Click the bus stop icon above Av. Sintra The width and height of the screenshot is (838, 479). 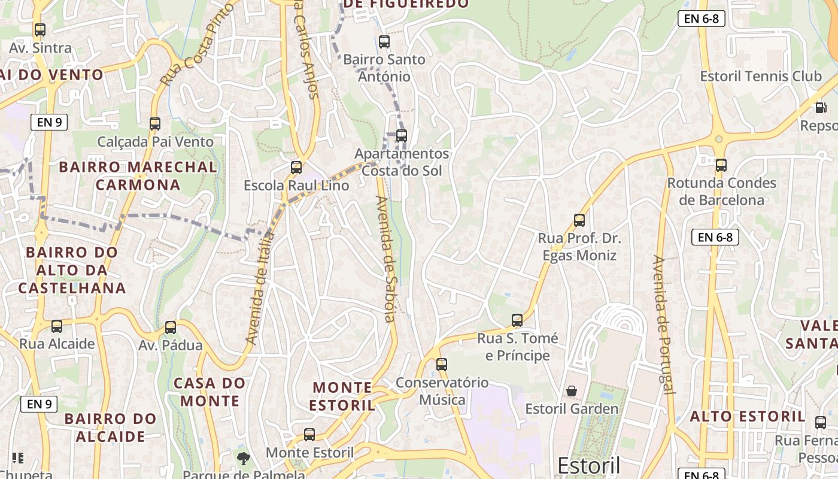point(40,30)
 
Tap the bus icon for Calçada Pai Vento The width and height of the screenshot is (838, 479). point(155,124)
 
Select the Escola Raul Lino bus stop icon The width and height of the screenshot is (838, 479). point(296,168)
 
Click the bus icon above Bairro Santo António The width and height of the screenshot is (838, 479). point(384,42)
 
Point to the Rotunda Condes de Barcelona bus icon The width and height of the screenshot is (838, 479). point(721,165)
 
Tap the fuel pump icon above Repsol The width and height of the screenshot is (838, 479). point(820,108)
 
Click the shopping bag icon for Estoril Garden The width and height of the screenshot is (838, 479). point(572,391)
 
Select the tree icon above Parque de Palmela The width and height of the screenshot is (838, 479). point(243,459)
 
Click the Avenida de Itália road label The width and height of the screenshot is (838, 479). point(260,289)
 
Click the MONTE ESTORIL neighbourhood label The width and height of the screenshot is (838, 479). point(342,396)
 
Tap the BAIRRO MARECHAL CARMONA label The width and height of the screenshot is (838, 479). point(138,175)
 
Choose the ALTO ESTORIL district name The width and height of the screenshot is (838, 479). point(748,416)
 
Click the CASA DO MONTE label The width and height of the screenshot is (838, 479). point(209,392)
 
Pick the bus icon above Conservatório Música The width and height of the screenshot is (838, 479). point(442,364)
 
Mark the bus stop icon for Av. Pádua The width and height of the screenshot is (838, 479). point(171,328)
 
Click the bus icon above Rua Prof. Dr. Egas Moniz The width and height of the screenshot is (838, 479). point(579,220)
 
